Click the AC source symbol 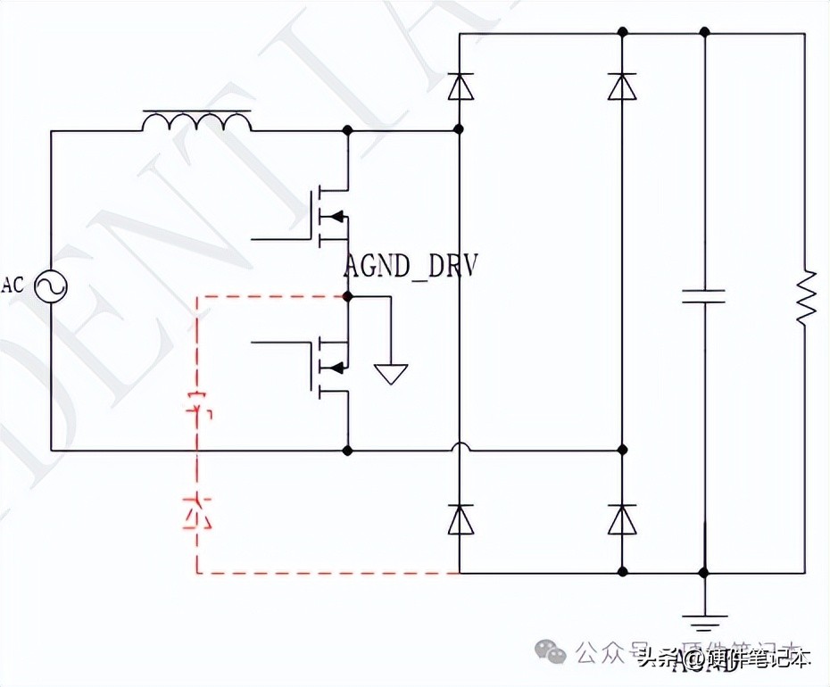coord(50,286)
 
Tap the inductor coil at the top coord(196,123)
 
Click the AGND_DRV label coord(410,266)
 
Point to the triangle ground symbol coord(391,374)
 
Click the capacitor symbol coord(704,295)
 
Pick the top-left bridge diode coord(460,86)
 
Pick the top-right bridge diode coord(621,86)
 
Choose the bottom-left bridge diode coord(460,519)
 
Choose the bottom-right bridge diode coord(621,519)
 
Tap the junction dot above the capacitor coord(704,32)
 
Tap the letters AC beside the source coord(12,286)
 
